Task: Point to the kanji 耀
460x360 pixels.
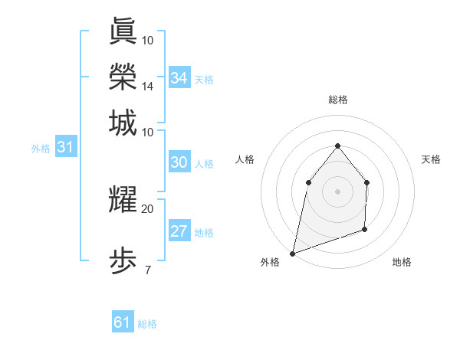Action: [123, 201]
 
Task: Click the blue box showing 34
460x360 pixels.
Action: [179, 78]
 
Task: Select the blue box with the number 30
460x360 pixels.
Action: [179, 162]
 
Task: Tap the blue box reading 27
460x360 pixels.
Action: [179, 232]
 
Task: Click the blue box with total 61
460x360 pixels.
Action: [123, 323]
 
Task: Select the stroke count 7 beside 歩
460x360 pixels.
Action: [147, 270]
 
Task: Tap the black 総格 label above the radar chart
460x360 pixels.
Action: [337, 100]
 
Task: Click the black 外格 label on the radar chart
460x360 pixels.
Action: [270, 262]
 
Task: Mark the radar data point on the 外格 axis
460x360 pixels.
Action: [292, 253]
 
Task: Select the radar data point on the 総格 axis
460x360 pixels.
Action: [337, 146]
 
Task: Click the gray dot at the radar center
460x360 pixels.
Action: [337, 191]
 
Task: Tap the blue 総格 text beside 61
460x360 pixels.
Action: [147, 324]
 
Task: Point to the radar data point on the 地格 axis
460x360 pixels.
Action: [365, 229]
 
